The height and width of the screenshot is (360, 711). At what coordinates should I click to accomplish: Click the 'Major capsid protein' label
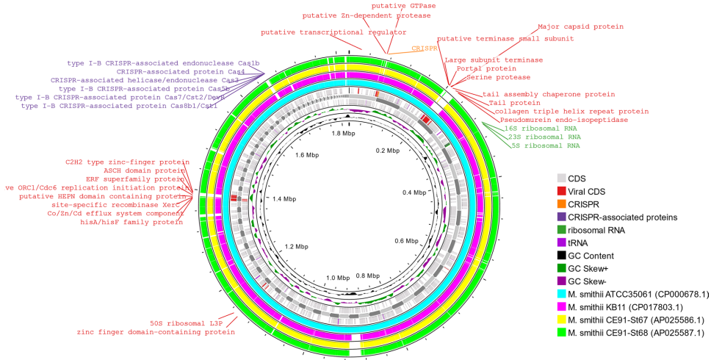click(x=581, y=26)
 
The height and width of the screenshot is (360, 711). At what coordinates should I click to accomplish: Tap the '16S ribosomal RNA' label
click(x=532, y=128)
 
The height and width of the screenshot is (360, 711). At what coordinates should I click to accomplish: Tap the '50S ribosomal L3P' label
click(x=184, y=323)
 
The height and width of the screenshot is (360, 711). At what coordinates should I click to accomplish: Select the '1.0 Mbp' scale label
click(x=339, y=278)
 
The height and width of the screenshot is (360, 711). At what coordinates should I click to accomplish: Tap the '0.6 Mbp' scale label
click(x=406, y=241)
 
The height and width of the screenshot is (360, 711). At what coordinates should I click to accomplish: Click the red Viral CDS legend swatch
click(x=562, y=191)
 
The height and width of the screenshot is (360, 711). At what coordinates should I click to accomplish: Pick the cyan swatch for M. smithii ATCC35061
click(x=562, y=295)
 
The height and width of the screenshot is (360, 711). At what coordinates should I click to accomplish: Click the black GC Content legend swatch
click(x=562, y=256)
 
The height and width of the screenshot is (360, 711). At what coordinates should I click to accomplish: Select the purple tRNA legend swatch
click(x=562, y=243)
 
